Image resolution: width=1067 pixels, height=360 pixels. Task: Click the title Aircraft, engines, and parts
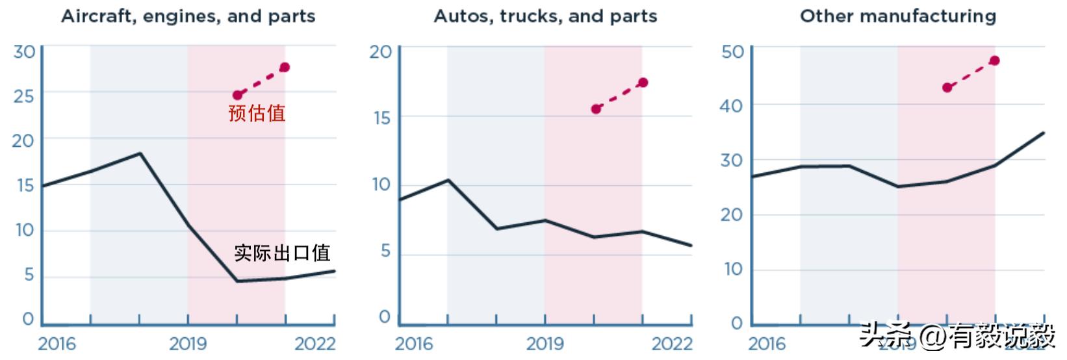coord(188,16)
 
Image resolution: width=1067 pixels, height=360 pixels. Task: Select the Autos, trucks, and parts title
coord(545,16)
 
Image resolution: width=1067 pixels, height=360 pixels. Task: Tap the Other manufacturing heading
coord(897,16)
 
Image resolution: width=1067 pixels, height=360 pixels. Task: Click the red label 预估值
coord(257,113)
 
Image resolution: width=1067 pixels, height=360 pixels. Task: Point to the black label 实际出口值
coord(282,252)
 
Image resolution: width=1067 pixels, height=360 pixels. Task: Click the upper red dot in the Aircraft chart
coord(285,68)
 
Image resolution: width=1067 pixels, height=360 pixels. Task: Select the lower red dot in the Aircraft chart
coord(237,95)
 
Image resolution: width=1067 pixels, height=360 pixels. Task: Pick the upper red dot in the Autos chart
coord(643,83)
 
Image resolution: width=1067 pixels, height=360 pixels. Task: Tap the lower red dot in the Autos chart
coord(596,109)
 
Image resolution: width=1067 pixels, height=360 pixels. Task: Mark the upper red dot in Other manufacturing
coord(995,61)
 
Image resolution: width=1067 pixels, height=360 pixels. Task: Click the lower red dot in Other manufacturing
coord(947,88)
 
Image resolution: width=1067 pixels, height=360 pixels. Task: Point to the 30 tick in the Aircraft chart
coord(24,51)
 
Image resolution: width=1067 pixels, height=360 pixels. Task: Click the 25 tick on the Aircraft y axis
coord(24,96)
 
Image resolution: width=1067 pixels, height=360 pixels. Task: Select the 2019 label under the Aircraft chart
coord(188,344)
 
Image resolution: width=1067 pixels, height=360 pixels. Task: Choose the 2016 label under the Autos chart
coord(414,344)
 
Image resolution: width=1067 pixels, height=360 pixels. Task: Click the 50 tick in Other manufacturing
coord(732,51)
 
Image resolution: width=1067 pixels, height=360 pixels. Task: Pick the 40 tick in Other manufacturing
coord(732,105)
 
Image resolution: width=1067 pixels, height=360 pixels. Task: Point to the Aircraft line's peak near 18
coord(140,153)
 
